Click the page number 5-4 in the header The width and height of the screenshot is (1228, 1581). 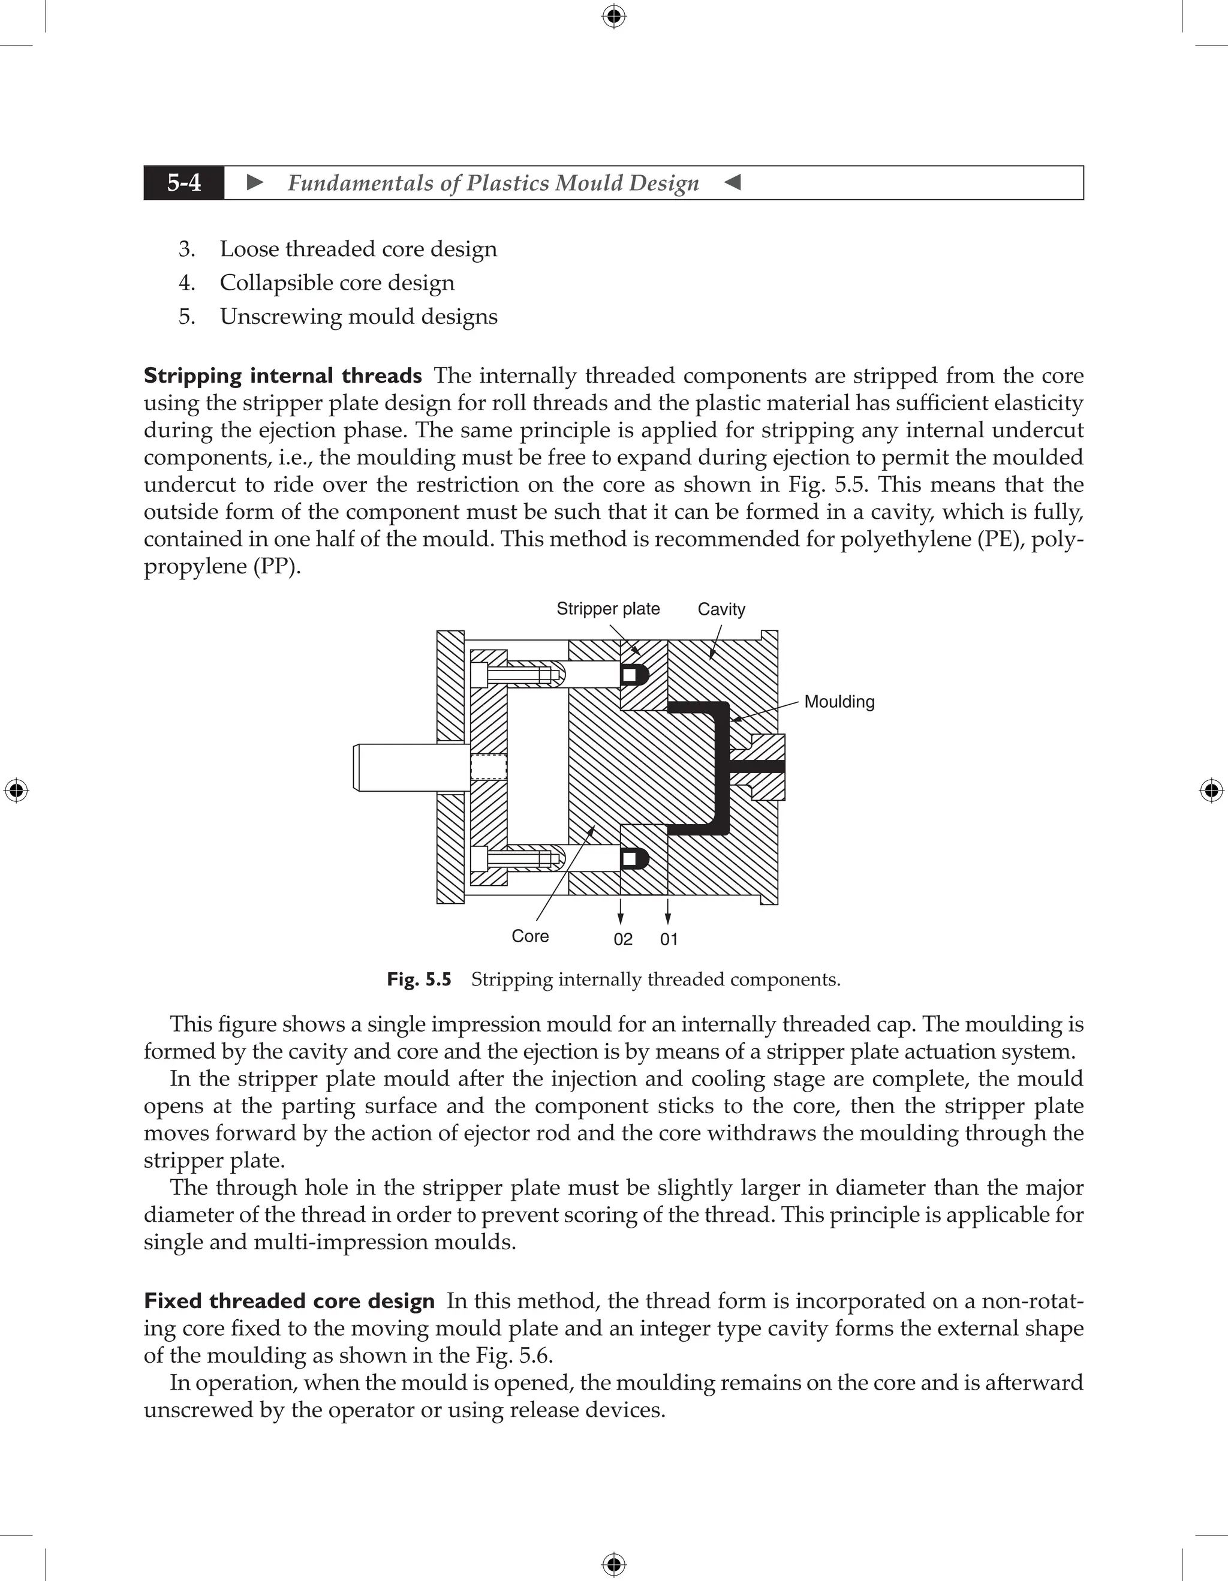(x=184, y=182)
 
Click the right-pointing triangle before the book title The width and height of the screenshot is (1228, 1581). (x=255, y=182)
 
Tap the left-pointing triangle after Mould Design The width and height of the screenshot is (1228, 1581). (x=732, y=182)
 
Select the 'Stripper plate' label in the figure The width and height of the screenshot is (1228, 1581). (x=608, y=609)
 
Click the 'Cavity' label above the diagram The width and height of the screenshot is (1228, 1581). (x=721, y=609)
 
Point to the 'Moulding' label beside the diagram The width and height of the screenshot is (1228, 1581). (x=839, y=702)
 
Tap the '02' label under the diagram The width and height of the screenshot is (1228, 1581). (x=623, y=940)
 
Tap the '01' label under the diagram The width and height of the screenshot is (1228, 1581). (x=669, y=940)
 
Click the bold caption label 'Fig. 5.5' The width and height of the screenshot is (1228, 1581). (x=419, y=979)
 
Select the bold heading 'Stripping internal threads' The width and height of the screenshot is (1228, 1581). (x=282, y=375)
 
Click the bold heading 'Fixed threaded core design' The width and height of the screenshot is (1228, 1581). (x=289, y=1301)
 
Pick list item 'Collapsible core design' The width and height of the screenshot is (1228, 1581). (x=337, y=282)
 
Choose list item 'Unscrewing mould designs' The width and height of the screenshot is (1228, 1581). (x=358, y=316)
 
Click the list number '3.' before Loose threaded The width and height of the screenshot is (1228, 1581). (x=186, y=249)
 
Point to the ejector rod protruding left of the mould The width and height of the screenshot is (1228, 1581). (x=405, y=767)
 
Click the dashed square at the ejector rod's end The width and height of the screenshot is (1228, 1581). (x=489, y=767)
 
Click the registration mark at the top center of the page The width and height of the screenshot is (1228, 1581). (x=613, y=16)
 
